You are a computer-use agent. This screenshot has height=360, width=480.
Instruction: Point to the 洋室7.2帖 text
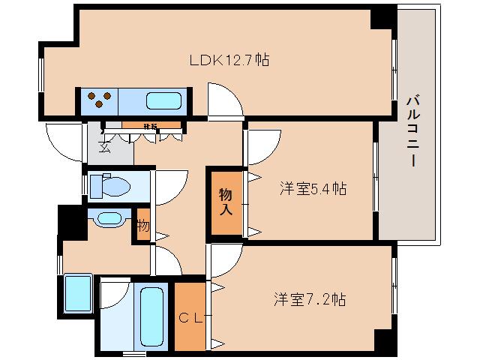point(308,299)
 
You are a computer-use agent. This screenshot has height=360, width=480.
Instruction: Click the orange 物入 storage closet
point(225,201)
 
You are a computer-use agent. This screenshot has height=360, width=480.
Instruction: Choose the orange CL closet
point(190,316)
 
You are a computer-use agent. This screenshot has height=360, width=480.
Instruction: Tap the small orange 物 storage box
point(142,226)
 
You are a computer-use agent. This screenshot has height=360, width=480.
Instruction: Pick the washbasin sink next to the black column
point(108,219)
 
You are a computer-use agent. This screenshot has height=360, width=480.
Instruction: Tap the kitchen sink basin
point(163,100)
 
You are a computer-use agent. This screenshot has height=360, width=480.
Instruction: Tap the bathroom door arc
point(114,294)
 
